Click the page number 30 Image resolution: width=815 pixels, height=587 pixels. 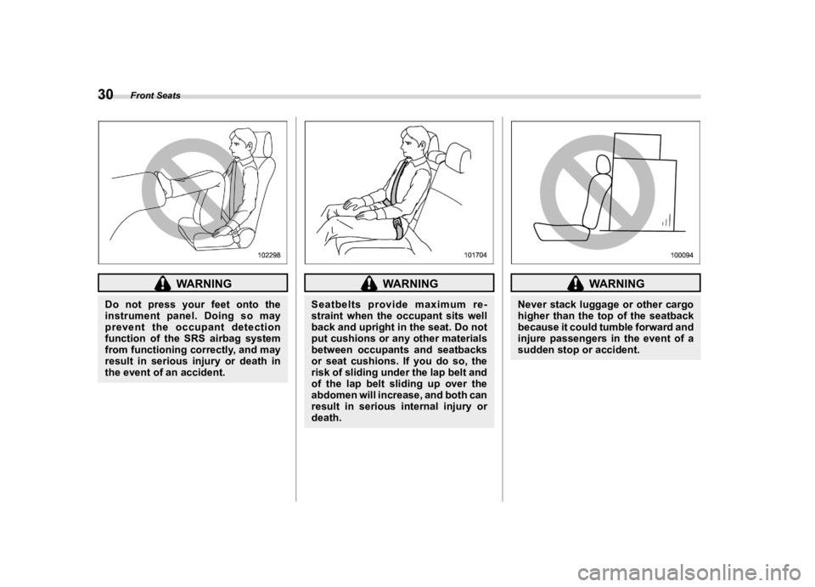click(105, 94)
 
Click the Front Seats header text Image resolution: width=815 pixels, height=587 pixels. click(155, 96)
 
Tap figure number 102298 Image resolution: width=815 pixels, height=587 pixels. click(269, 255)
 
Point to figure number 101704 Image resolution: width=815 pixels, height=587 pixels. click(475, 255)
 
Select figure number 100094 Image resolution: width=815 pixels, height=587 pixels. click(683, 255)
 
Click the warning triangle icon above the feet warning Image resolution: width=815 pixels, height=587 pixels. click(163, 284)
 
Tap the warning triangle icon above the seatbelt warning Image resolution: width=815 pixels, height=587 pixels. click(369, 284)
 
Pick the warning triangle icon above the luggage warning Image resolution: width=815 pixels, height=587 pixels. click(575, 284)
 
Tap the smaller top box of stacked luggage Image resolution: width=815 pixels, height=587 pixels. click(638, 146)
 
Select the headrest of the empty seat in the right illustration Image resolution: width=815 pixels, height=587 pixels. click(603, 167)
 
